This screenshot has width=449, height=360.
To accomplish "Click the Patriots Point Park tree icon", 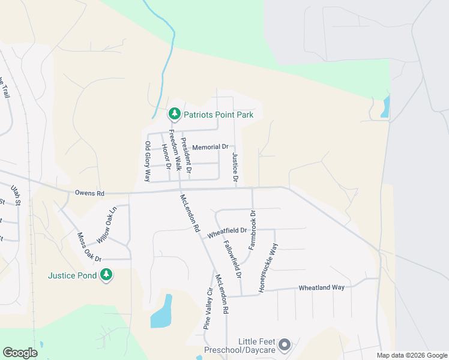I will (x=174, y=113).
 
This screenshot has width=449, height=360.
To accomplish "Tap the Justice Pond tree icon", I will (x=106, y=275).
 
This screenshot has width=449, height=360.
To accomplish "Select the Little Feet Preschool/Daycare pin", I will (x=285, y=345).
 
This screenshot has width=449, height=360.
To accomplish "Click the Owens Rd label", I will (x=90, y=193).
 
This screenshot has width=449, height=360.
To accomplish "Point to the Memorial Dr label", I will (x=210, y=146).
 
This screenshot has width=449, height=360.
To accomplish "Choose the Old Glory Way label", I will (x=147, y=161).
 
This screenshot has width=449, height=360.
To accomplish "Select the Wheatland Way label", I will (x=322, y=287).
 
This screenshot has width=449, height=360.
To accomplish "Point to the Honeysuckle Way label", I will (x=268, y=268).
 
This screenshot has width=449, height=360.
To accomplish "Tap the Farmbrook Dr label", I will (x=253, y=230).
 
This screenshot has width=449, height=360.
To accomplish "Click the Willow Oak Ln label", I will (x=106, y=225).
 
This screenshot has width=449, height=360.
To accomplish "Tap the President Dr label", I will (x=186, y=157).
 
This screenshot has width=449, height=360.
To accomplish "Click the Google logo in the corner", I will (x=20, y=353).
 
